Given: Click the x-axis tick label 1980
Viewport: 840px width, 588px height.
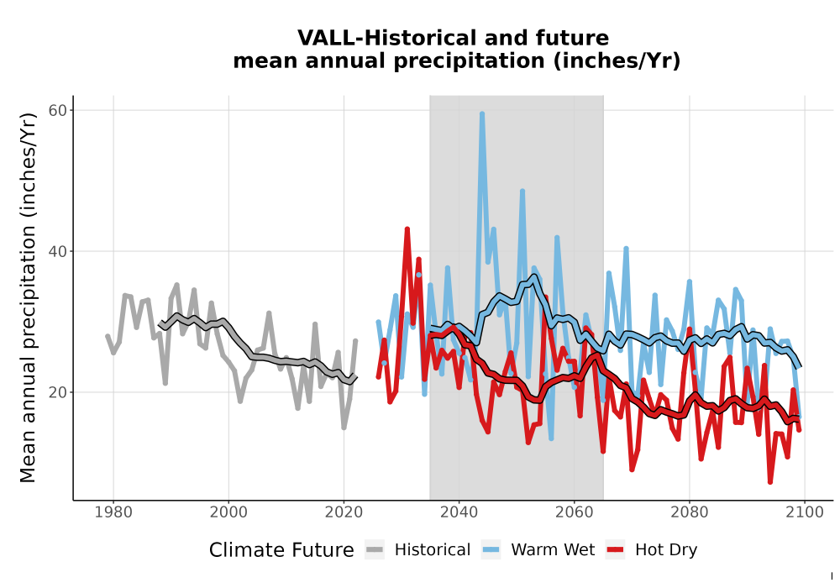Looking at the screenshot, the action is point(113,512).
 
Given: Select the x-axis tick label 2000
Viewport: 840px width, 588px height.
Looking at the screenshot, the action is point(228,512).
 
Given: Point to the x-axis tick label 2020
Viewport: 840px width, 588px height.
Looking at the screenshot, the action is point(344,512).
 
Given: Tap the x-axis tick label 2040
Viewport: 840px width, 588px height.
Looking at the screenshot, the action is point(459,512).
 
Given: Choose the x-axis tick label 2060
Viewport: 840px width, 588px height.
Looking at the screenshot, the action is point(575,512).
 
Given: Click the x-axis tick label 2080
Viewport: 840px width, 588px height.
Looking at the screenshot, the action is point(690,512).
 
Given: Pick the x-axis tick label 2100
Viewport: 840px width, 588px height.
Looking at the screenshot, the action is point(805,512).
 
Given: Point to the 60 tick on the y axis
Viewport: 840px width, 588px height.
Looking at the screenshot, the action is point(58,110).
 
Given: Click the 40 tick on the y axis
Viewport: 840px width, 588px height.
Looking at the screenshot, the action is point(58,251).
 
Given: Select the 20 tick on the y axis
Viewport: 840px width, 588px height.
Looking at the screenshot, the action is point(58,392).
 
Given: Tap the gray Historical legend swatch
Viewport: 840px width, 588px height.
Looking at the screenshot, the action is point(375,550).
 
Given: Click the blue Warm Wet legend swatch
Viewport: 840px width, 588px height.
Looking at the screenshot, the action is point(491,550).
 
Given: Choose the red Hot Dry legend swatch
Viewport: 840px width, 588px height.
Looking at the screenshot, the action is point(615,550).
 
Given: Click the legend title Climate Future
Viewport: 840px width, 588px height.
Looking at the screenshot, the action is point(281,550).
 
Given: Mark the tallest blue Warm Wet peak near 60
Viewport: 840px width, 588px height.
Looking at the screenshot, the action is point(482,113).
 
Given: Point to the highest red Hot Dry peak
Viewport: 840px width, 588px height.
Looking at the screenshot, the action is point(407,229).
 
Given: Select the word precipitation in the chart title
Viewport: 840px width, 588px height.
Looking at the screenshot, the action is point(470,61).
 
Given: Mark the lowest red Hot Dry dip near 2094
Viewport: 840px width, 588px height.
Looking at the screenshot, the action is point(770,481).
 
